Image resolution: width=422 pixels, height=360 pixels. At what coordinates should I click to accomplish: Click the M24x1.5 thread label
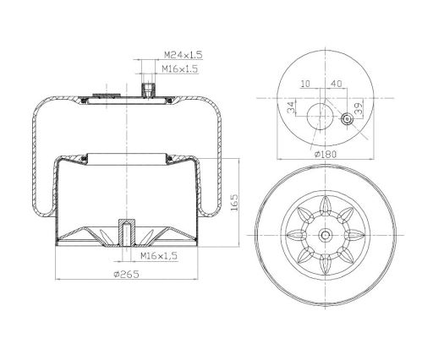click(x=184, y=55)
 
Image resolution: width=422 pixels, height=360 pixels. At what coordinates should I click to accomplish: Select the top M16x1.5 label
click(x=179, y=68)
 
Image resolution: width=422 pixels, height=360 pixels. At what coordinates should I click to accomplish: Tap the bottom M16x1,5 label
click(x=159, y=256)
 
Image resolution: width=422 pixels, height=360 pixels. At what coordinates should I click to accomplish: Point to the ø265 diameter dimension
click(x=126, y=274)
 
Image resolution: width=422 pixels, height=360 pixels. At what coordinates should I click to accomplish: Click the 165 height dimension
click(x=234, y=202)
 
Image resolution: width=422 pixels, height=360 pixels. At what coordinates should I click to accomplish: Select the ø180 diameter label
click(x=326, y=154)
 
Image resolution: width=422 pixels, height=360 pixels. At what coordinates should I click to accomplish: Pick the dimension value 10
click(x=305, y=84)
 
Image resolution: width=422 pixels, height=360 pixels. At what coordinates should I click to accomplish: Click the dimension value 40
click(x=336, y=84)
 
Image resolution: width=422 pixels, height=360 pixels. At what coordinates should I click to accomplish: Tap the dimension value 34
click(x=292, y=107)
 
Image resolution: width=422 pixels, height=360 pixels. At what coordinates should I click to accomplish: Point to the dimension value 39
click(x=359, y=108)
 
